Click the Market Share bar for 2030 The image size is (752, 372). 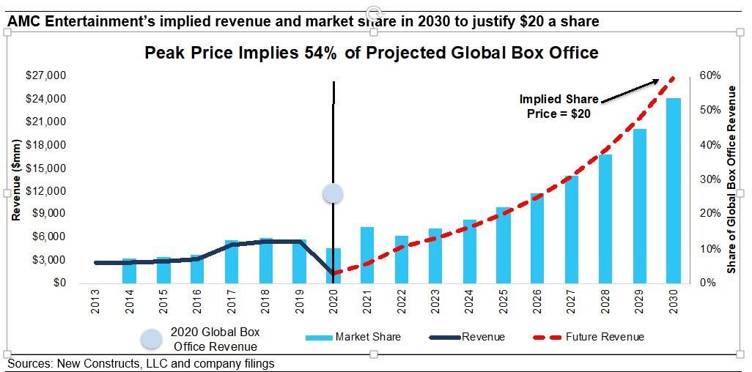673,190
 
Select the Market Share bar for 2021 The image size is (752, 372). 366,255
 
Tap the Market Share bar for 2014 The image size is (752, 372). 129,271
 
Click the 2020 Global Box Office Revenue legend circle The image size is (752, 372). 151,338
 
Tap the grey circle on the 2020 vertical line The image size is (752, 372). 333,193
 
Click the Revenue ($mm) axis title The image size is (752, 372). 16,179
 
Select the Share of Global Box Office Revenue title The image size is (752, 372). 731,179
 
